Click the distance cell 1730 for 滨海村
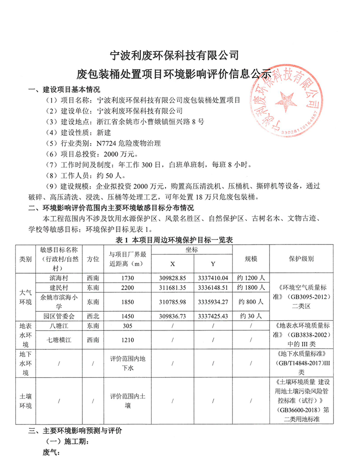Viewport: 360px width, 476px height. [x=128, y=278]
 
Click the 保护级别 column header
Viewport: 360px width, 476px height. [x=304, y=259]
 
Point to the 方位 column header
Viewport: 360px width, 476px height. [x=94, y=259]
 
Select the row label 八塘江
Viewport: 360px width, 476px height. [x=60, y=326]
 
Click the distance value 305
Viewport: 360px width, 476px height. [x=128, y=326]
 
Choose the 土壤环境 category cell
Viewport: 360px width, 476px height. [x=26, y=402]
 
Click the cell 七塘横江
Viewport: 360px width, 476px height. [x=60, y=340]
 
